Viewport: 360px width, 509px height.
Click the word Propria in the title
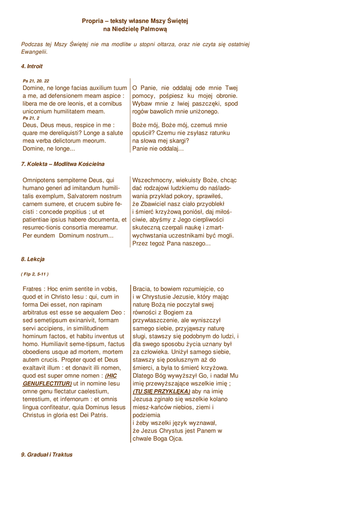93,21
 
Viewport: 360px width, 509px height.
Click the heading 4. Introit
32,66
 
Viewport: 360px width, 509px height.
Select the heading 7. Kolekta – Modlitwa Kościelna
63,164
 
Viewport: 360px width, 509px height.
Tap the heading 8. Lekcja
33,259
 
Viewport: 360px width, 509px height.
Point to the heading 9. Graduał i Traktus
47,454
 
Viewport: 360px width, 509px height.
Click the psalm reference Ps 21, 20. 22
36,81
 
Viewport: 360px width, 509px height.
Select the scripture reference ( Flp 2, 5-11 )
35,274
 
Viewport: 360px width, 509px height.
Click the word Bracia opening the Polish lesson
143,289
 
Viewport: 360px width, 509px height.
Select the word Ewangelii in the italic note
34,52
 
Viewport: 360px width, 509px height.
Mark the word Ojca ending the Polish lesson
176,439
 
